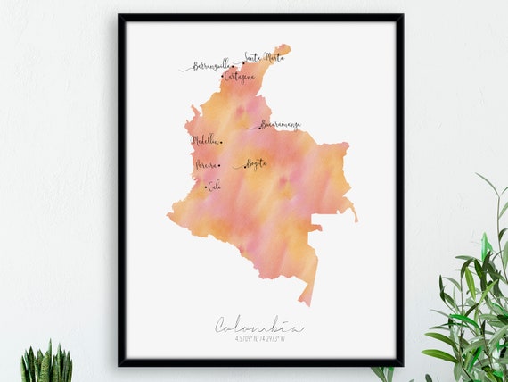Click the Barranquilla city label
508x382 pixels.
(210, 66)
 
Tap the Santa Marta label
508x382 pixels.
(265, 58)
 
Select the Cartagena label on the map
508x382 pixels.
(240, 77)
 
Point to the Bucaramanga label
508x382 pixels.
(282, 126)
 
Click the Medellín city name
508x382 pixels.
(205, 140)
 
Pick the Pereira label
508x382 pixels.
(206, 165)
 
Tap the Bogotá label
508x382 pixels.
(256, 164)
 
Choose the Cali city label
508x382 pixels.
(215, 187)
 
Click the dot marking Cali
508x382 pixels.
(207, 187)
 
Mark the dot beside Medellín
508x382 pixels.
(221, 141)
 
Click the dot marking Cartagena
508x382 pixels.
(223, 78)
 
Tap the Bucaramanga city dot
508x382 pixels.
(259, 127)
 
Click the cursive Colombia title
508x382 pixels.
(258, 326)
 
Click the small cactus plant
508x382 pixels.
(45, 364)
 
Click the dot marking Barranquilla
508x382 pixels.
(234, 65)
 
